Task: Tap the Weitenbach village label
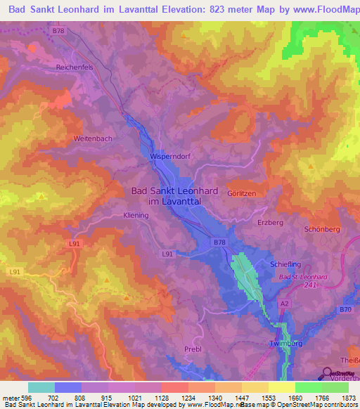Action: tap(93, 138)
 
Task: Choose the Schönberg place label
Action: tap(322, 229)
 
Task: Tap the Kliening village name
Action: tap(136, 216)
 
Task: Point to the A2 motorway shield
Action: tap(285, 303)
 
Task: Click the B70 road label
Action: tap(345, 310)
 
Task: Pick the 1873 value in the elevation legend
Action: tap(347, 397)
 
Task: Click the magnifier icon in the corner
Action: tap(327, 373)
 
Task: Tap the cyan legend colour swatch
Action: tap(41, 387)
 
